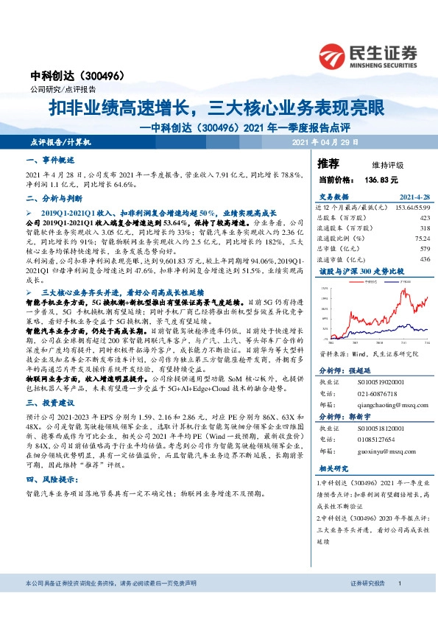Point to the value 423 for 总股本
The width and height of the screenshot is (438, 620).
[x=423, y=218]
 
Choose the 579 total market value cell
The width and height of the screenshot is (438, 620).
[x=423, y=249]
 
